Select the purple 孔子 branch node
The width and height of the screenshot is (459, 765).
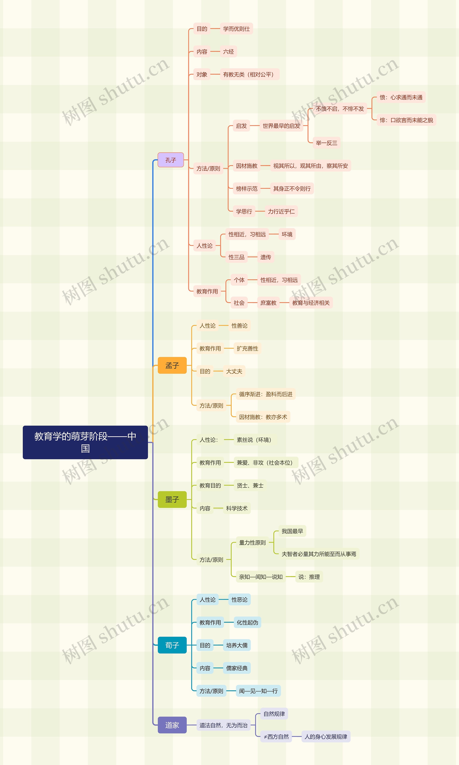tap(171, 160)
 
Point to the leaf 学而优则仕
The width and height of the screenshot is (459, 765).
tap(236, 29)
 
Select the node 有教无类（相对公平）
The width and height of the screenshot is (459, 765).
tap(249, 74)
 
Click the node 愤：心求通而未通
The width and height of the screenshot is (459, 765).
tap(401, 97)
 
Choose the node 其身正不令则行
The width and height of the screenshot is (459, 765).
tap(292, 188)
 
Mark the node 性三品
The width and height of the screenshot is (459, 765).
tap(236, 257)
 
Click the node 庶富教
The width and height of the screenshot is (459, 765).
tap(268, 303)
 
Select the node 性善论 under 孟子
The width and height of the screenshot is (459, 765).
tap(239, 326)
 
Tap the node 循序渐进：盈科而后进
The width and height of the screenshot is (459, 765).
tap(265, 394)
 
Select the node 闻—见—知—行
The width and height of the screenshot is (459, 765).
tap(258, 691)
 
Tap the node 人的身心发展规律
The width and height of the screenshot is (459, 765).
tap(326, 736)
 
